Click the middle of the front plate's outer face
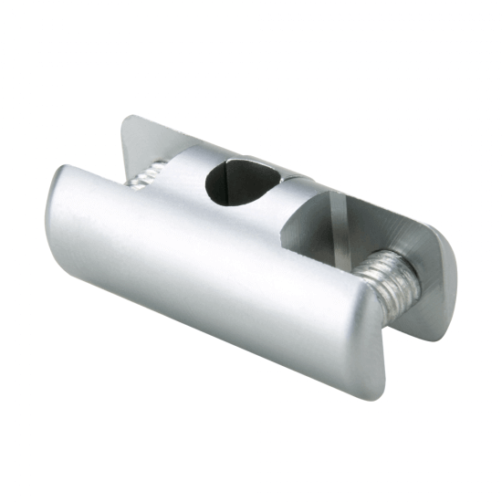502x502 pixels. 210,274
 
